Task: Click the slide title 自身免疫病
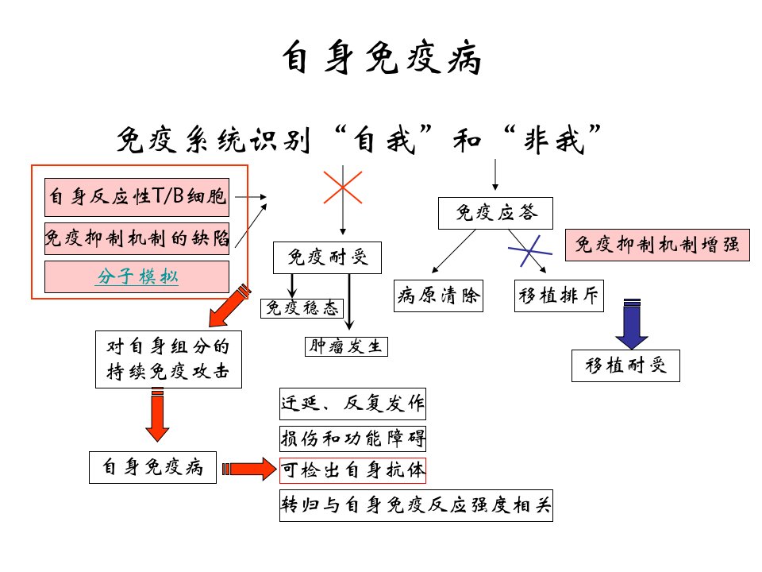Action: pos(382,57)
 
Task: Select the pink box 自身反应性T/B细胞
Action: pos(137,197)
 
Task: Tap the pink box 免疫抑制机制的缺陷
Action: pos(137,238)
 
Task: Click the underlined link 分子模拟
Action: pos(137,276)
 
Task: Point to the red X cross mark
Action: pos(343,187)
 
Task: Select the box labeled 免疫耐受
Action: pos(327,257)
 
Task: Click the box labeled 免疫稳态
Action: pos(302,308)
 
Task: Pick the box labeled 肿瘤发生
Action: pos(346,346)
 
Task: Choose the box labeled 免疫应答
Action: pos(495,213)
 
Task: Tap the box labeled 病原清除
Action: pos(438,296)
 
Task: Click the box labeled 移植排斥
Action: pos(559,296)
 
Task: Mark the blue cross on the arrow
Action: pos(529,251)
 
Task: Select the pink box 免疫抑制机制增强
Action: pos(657,245)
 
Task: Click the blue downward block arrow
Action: pos(632,324)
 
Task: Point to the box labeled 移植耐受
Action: pos(625,365)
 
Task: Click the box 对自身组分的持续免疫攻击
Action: pos(168,359)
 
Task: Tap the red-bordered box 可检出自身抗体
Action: pos(352,470)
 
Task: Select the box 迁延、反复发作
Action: pos(352,404)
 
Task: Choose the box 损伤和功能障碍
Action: pos(352,439)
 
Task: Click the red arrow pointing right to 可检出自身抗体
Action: pos(249,469)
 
